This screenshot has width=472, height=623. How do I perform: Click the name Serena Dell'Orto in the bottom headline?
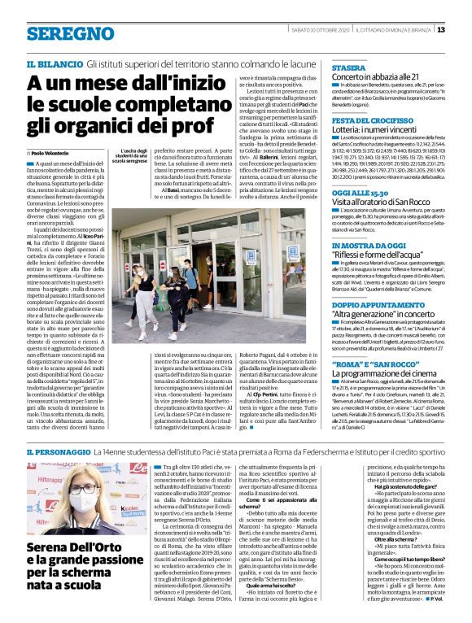point(72,547)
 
